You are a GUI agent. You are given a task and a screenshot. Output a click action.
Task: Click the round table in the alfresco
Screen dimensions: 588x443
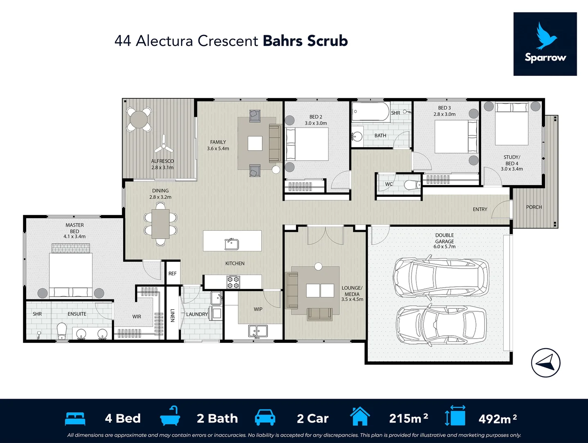click(139, 119)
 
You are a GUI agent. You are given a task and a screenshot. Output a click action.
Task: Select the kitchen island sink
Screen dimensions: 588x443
click(232, 244)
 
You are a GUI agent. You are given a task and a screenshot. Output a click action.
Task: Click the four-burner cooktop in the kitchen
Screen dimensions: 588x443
click(233, 282)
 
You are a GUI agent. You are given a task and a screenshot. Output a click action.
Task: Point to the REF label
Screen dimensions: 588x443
click(172, 274)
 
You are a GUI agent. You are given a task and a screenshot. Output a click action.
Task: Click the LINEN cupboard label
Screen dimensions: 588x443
click(172, 315)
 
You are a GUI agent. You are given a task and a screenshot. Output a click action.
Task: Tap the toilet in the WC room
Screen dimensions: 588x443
click(412, 185)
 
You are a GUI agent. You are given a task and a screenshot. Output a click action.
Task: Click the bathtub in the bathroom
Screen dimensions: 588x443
click(371, 111)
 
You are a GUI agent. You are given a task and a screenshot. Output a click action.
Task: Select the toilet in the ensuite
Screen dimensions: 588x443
click(62, 331)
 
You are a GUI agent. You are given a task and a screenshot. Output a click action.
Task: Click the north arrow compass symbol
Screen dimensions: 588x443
click(546, 363)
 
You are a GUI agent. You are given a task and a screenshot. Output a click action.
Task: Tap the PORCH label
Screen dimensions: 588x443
click(534, 207)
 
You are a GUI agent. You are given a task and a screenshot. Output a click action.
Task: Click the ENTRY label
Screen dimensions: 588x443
click(480, 209)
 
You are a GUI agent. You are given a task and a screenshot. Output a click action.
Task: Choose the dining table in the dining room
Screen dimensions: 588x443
click(161, 224)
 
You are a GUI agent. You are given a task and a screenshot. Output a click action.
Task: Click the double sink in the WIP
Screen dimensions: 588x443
click(258, 331)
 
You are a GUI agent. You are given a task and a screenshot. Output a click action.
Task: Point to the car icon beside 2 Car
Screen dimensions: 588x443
click(265, 418)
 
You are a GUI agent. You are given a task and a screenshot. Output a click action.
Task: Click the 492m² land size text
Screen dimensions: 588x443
click(498, 418)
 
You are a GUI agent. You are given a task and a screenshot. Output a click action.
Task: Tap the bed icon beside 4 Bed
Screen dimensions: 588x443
click(75, 419)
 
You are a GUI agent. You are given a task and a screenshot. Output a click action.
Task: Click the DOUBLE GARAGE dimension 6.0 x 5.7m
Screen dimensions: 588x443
click(444, 247)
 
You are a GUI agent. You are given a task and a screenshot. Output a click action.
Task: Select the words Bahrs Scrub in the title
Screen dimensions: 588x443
click(305, 41)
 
